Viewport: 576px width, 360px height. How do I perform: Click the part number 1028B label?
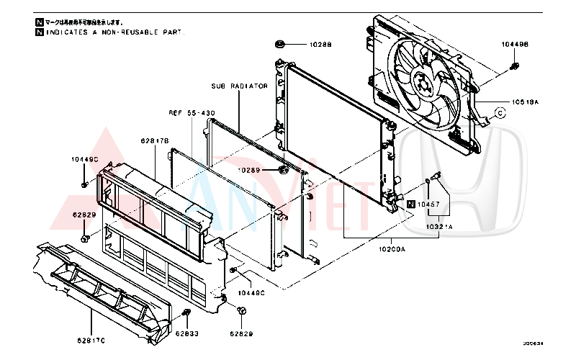[320, 45]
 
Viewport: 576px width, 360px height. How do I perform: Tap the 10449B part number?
[515, 45]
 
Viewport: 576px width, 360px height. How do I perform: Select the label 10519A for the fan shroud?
[525, 102]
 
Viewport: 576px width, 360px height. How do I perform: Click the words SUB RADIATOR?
[240, 86]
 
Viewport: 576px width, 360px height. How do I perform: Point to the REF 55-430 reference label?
[192, 113]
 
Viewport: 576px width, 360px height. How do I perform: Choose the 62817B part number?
[154, 141]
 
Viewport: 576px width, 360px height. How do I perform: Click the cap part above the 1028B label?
[281, 45]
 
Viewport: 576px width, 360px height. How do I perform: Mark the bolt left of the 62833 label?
[186, 313]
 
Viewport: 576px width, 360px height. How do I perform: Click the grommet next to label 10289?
[283, 170]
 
